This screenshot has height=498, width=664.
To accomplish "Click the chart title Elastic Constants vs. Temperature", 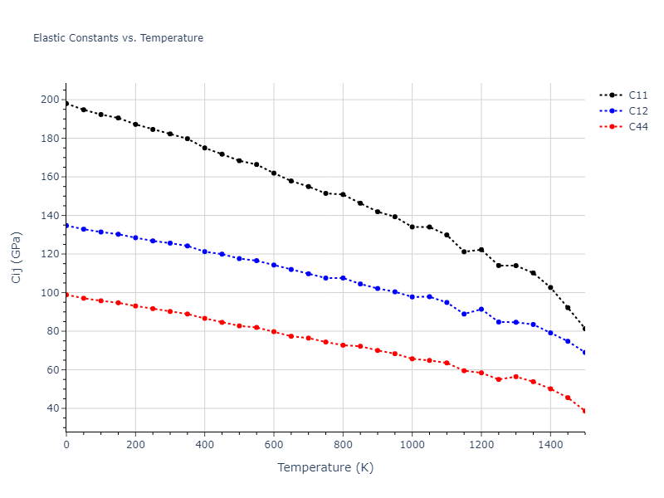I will (x=118, y=38).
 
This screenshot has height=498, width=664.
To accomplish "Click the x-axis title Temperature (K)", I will (x=325, y=467).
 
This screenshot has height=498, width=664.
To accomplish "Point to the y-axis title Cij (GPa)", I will (x=17, y=257).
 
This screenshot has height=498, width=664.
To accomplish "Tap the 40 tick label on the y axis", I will (x=52, y=408).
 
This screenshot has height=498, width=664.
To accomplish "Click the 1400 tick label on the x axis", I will (x=550, y=446).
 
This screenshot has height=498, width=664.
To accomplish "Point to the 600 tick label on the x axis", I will (x=274, y=446).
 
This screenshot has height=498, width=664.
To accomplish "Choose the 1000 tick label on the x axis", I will (x=412, y=446).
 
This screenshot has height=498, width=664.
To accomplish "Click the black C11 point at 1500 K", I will (x=584, y=329).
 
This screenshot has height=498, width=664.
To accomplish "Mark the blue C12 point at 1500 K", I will (x=584, y=353).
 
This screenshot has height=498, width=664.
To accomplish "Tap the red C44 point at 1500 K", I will (x=584, y=411).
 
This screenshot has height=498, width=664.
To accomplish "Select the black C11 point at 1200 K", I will (x=481, y=250).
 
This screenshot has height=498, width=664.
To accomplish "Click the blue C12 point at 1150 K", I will (x=464, y=314).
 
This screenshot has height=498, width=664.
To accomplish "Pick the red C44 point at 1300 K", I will (x=515, y=377).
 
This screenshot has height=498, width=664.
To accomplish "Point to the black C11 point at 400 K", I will (x=204, y=148).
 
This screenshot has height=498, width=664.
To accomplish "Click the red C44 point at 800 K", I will (x=343, y=344).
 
